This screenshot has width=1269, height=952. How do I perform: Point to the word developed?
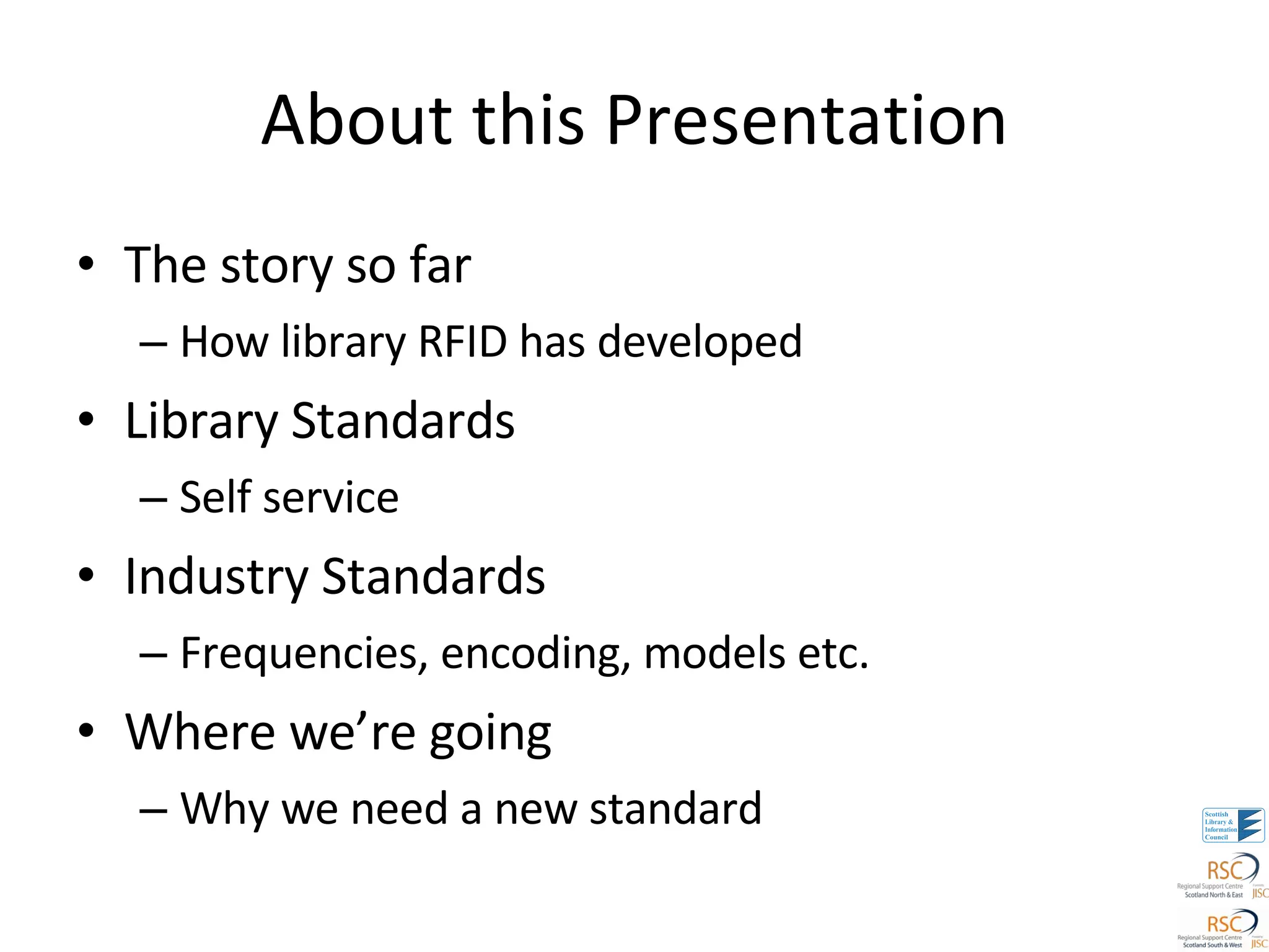point(700,343)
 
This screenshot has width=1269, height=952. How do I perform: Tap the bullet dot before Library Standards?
point(86,420)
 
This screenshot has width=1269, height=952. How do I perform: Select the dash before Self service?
point(153,498)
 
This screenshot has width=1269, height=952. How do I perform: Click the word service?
point(331,498)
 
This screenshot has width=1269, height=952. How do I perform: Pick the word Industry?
point(216,577)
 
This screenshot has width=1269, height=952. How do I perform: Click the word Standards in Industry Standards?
point(433,576)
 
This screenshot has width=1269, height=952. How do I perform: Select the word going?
point(490,734)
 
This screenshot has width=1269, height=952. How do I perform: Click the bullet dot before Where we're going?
point(86,731)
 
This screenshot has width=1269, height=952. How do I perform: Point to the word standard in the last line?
point(675,809)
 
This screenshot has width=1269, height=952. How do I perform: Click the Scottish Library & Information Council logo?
point(1232,825)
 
